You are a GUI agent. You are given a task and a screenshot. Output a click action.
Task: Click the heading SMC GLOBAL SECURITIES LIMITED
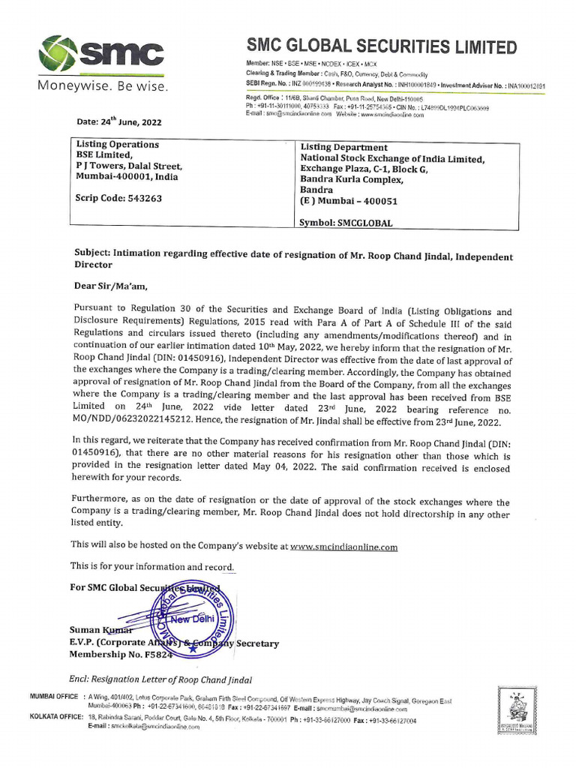pyautogui.click(x=381, y=46)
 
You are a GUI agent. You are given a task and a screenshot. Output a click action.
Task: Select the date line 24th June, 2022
pyautogui.click(x=118, y=121)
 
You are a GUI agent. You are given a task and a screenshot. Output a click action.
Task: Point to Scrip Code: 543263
pyautogui.click(x=118, y=199)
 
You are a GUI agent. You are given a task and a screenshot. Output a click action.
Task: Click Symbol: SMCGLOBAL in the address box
pyautogui.click(x=346, y=223)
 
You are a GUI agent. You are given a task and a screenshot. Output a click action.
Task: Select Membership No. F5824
pyautogui.click(x=121, y=655)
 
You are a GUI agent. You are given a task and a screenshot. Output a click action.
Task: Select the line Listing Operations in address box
pyautogui.click(x=118, y=144)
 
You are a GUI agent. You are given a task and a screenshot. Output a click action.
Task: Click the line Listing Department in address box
pyautogui.click(x=344, y=148)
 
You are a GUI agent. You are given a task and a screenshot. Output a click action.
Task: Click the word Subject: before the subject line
pyautogui.click(x=96, y=256)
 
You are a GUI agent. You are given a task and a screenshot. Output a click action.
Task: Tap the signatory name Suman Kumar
pyautogui.click(x=96, y=630)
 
